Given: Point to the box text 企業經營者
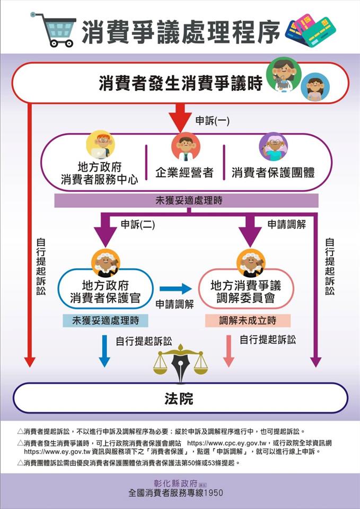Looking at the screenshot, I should (184, 172).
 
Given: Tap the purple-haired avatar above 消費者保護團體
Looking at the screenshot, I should (273, 146).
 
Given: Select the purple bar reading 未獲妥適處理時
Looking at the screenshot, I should (186, 200).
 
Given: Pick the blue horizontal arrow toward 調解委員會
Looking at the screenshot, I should (175, 288).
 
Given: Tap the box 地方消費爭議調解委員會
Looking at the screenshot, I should (245, 291).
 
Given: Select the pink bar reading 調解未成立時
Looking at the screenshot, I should (248, 320).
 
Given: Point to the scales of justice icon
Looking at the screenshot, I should (181, 363).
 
